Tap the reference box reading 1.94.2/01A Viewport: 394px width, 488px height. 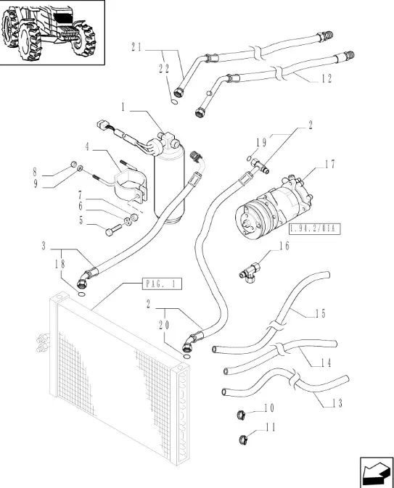pos(314,229)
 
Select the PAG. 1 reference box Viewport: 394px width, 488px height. pos(162,284)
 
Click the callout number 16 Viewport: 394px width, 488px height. pos(284,246)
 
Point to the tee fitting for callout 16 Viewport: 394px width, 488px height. pos(250,273)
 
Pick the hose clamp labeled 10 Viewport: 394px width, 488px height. pos(241,414)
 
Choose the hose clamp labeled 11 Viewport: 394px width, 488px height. pos(244,439)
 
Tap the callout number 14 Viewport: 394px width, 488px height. pos(326,363)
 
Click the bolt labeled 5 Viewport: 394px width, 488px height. pos(113,231)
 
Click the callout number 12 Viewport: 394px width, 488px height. pos(327,79)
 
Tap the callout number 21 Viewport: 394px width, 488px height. pos(136,47)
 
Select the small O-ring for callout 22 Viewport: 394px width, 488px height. pos(175,102)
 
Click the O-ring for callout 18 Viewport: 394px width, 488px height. pos(81,294)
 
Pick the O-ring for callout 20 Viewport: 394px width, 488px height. pos(186,357)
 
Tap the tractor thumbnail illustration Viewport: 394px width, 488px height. pos(52,32)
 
